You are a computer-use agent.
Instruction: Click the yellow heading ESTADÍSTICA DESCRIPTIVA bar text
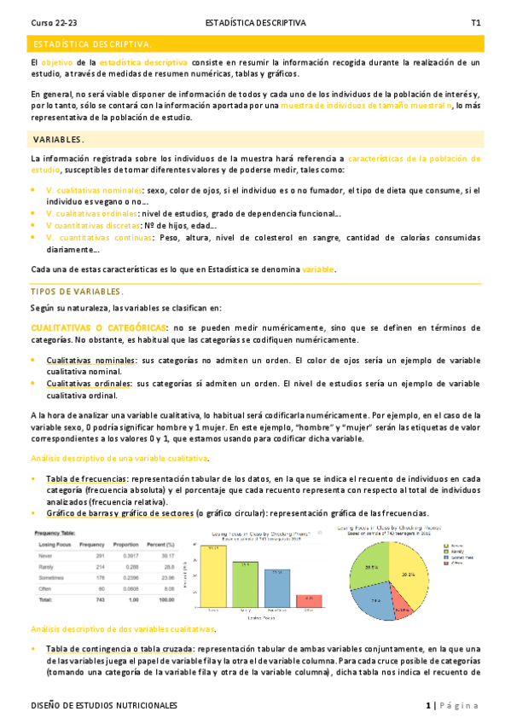tap(91, 43)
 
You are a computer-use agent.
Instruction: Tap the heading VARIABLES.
tap(58, 139)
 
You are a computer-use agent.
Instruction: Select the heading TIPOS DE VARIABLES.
tap(77, 292)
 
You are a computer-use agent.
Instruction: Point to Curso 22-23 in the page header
tap(53, 22)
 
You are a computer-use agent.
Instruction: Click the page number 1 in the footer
tap(429, 706)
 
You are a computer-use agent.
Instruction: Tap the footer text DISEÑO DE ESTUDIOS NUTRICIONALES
tap(103, 706)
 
